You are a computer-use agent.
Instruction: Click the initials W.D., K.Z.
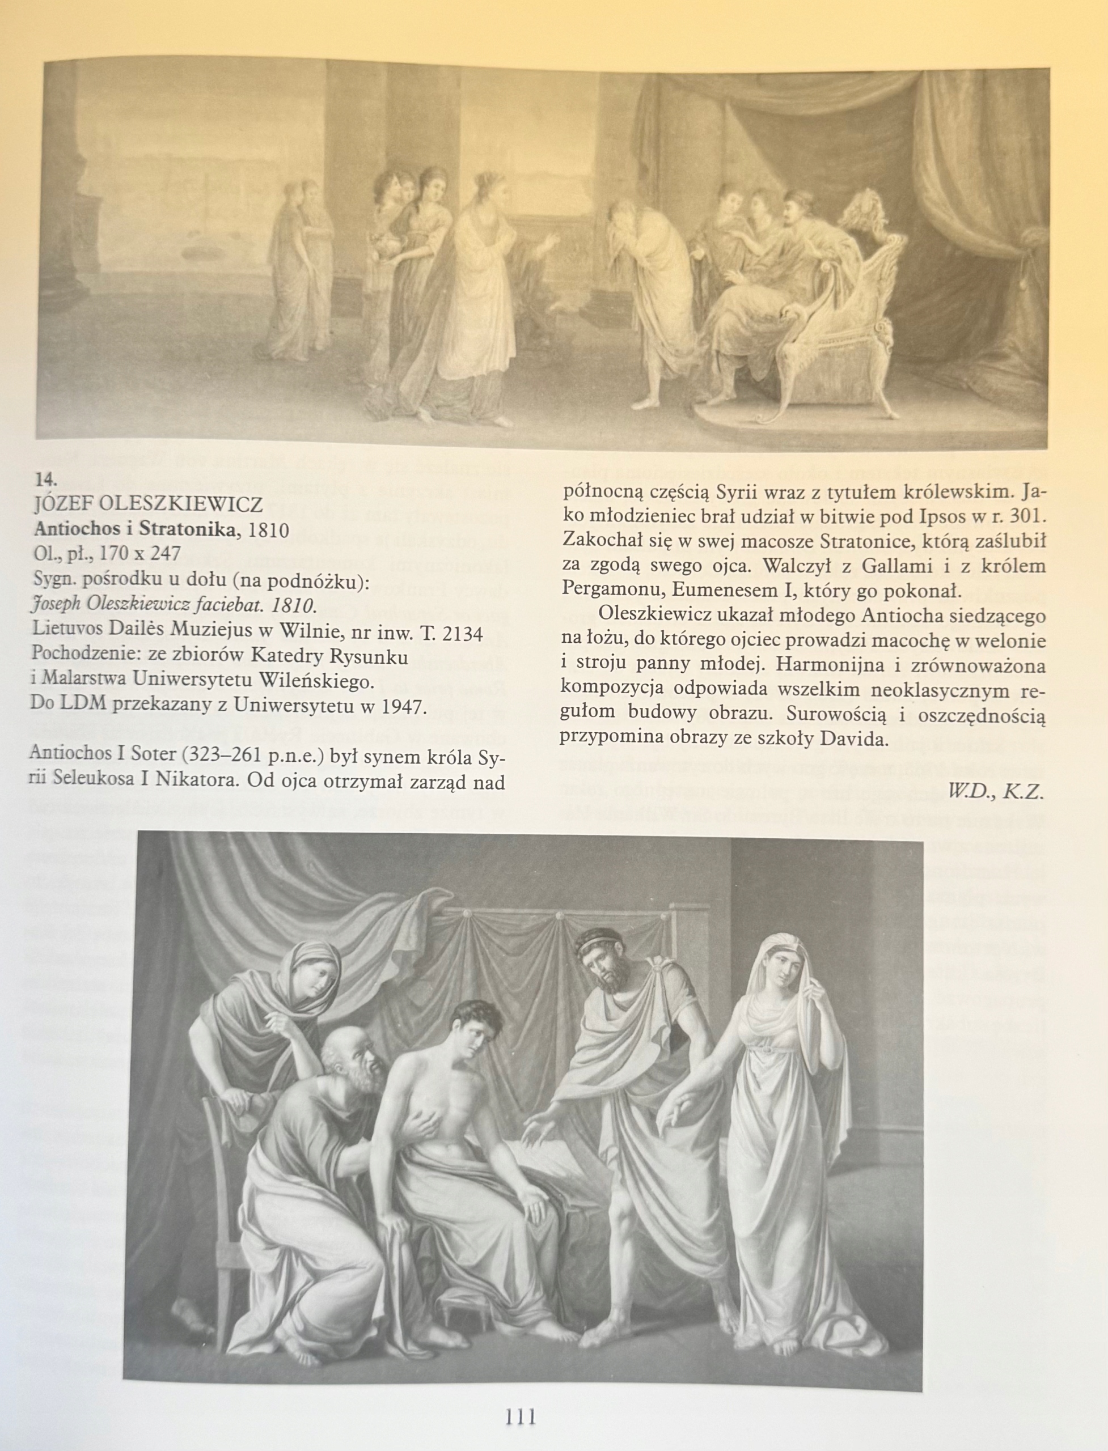click(995, 791)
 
